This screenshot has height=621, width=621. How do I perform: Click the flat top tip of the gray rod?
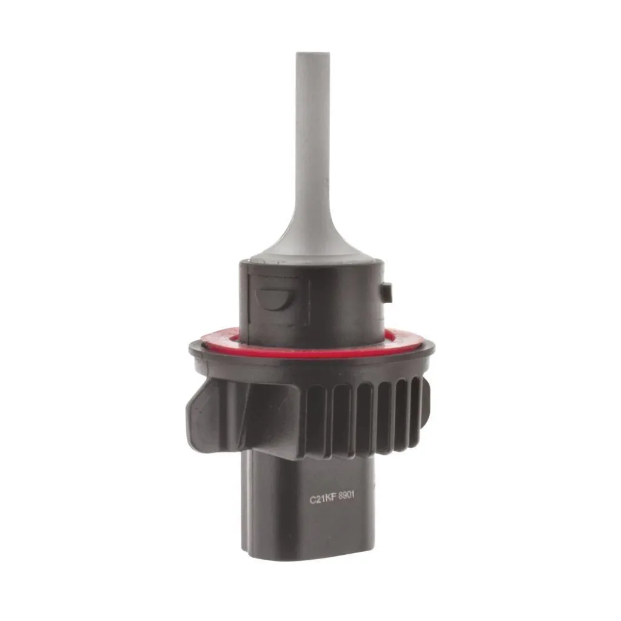click(312, 53)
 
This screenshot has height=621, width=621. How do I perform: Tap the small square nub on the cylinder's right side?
click(386, 292)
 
